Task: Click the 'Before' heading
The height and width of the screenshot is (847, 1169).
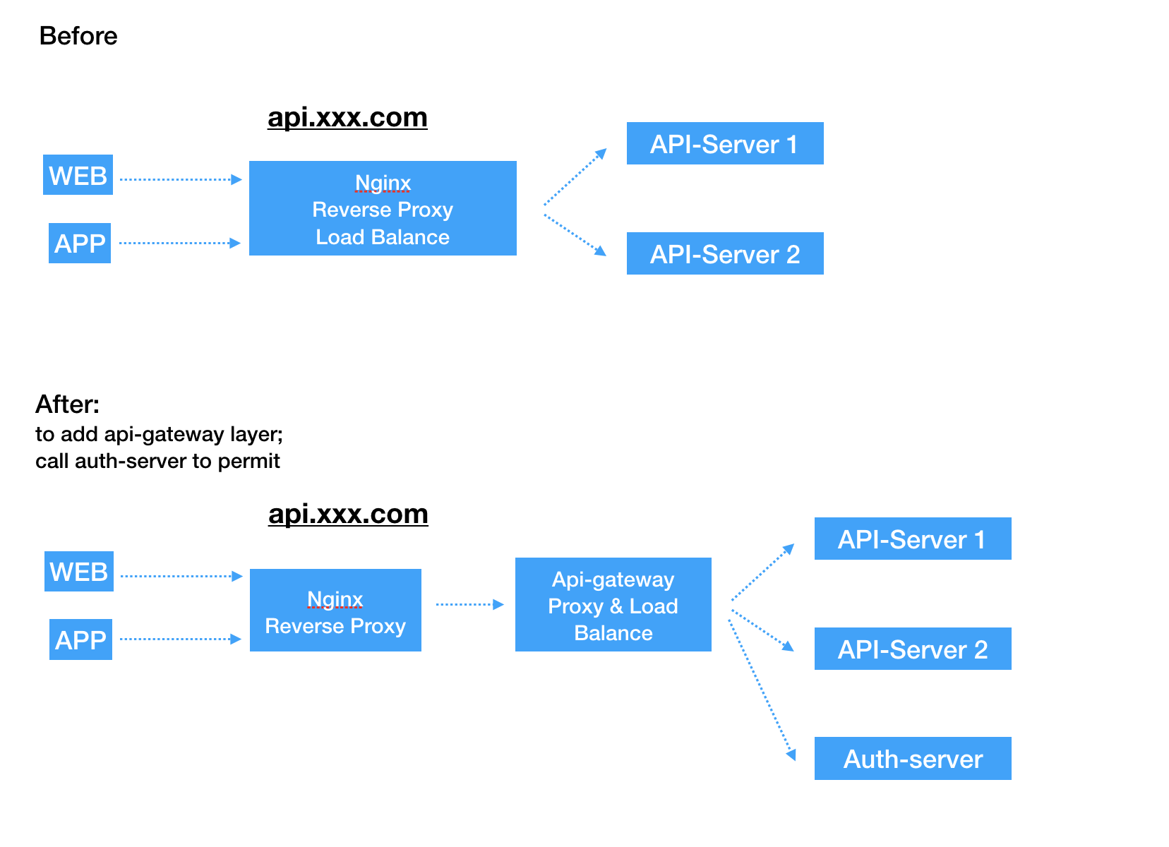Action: [78, 36]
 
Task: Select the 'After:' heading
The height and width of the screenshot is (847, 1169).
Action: [68, 404]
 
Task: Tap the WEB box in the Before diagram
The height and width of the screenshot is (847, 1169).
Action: [78, 175]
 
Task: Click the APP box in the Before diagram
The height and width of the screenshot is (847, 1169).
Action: [80, 244]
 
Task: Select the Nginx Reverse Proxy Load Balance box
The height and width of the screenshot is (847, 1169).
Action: [383, 209]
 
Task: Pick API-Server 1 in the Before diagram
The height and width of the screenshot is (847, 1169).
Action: [725, 144]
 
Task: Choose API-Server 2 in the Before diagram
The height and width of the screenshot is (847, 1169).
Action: [725, 254]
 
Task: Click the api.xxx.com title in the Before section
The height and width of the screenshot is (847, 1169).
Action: [347, 117]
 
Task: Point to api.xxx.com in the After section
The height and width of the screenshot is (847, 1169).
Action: [348, 514]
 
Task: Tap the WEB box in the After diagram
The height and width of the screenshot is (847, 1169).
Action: [79, 572]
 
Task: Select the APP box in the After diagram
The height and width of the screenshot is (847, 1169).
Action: [80, 640]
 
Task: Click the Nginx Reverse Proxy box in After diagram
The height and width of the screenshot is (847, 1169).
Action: [335, 611]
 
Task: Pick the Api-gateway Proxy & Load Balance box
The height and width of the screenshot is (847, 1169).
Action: [613, 606]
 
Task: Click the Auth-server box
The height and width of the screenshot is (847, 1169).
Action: [913, 759]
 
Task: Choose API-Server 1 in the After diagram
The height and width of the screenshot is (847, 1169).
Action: [913, 539]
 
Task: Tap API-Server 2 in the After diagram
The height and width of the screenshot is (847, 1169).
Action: [913, 649]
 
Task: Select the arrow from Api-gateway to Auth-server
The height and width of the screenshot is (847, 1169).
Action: [762, 687]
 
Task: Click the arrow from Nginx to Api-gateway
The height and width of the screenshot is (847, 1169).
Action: [469, 604]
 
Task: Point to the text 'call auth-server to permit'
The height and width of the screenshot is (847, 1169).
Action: [157, 461]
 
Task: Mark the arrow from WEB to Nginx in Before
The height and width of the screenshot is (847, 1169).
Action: [180, 179]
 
